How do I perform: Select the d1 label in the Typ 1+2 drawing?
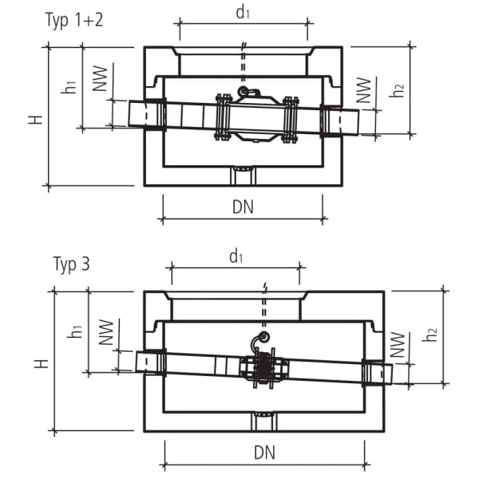click(x=243, y=14)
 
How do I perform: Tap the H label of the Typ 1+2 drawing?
click(x=35, y=118)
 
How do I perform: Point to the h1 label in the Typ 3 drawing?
click(x=77, y=331)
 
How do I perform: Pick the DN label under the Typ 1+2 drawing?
click(x=243, y=208)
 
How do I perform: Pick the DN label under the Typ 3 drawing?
click(x=265, y=453)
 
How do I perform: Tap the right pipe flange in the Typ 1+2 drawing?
click(x=290, y=120)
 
